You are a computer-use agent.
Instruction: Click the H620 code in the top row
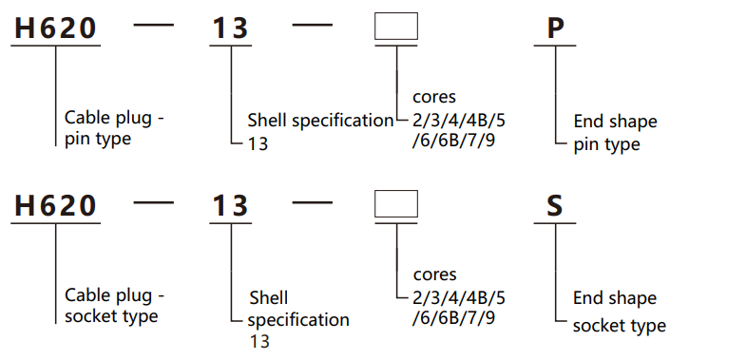[55, 28]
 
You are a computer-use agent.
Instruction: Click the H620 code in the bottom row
[55, 206]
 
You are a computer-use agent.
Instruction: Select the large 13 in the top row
[229, 28]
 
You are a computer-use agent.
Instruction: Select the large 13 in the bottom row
[229, 206]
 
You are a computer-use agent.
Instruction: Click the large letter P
[556, 28]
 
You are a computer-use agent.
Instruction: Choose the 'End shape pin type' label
[614, 133]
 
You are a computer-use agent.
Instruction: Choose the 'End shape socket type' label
[618, 312]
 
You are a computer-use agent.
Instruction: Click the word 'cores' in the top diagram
[434, 97]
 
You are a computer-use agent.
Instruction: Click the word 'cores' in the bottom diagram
[434, 275]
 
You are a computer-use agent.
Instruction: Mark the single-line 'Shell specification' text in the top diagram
[320, 121]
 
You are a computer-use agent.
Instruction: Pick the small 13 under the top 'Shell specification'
[258, 144]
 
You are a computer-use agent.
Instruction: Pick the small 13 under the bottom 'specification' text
[258, 341]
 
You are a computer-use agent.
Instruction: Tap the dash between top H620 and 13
[155, 26]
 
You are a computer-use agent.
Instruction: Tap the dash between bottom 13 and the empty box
[312, 203]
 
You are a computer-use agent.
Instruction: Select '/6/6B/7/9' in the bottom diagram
[453, 319]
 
